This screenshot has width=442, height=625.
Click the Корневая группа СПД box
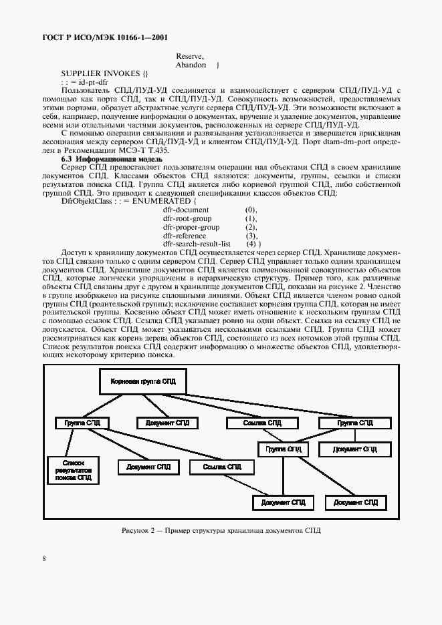coord(143,381)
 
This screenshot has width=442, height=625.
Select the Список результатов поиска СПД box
coord(73,470)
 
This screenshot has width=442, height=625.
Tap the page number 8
coord(43,558)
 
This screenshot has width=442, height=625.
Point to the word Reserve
coord(189,56)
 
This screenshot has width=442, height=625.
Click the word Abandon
coord(191,65)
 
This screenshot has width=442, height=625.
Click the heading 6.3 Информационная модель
coord(111,160)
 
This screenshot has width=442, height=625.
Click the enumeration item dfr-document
coord(186,210)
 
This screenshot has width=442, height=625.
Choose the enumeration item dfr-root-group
coord(187,218)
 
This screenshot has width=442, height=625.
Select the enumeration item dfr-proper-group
coord(191,227)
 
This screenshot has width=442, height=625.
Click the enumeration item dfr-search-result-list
coord(197,244)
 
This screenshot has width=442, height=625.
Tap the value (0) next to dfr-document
coord(251,210)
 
